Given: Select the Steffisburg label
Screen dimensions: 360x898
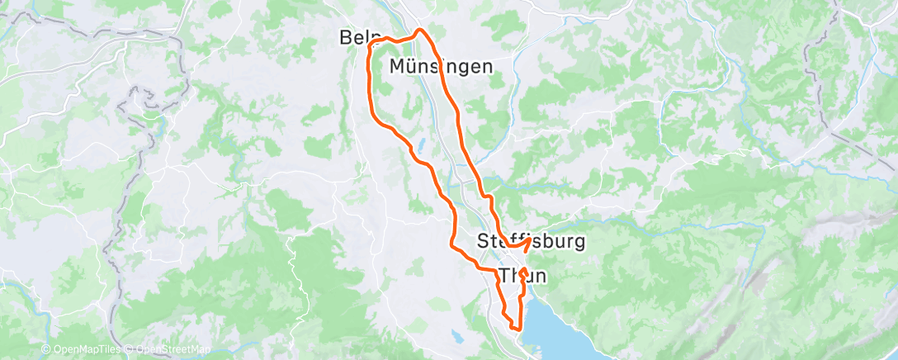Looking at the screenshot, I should point(532,242).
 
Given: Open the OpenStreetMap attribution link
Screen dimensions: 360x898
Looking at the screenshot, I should point(173,349).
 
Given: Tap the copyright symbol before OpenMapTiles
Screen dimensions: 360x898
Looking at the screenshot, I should point(46,349).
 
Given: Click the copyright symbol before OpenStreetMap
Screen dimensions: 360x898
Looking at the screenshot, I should point(131,349).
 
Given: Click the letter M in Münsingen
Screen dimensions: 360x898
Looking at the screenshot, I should point(398,67).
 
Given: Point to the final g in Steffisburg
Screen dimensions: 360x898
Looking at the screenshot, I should point(579,244).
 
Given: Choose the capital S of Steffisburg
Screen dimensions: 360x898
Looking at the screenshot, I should point(484,242).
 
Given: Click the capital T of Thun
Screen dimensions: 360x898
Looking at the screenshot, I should point(507,275).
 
